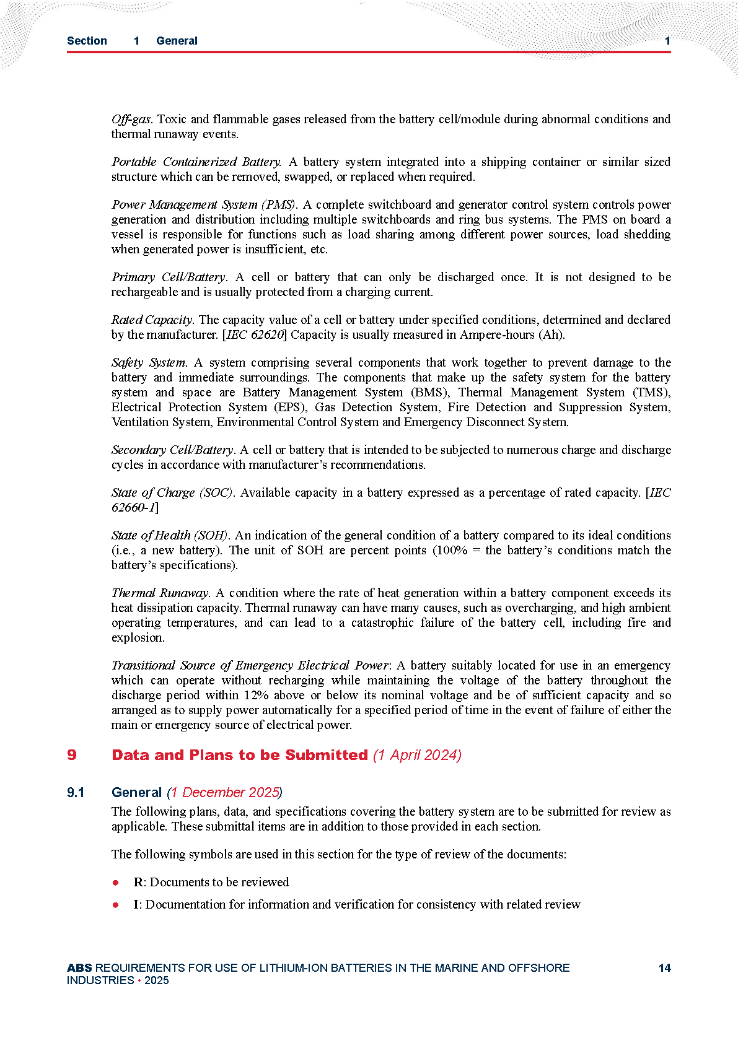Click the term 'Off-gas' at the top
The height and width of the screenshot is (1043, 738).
(x=131, y=119)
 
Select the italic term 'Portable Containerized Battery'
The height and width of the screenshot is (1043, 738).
(x=196, y=162)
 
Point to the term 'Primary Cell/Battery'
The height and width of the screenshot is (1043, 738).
(x=169, y=277)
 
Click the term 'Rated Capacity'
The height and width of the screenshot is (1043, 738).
(x=152, y=320)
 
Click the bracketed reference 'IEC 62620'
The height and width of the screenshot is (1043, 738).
(x=255, y=334)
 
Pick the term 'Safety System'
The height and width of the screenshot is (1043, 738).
(x=149, y=362)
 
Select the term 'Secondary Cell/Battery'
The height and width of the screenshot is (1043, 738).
(x=172, y=450)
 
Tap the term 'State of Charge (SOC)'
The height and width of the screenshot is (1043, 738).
(x=172, y=492)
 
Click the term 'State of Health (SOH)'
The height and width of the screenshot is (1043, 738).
(x=170, y=535)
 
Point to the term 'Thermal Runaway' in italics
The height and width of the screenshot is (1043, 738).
(x=160, y=593)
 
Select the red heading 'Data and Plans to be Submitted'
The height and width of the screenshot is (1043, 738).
(x=240, y=755)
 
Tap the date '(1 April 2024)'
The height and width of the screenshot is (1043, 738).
(x=417, y=755)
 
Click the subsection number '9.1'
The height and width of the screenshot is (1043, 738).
(x=76, y=793)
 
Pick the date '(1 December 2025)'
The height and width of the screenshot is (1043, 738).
(x=224, y=793)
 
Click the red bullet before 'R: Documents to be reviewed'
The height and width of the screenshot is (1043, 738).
(x=116, y=882)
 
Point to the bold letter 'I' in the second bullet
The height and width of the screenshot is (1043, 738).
(x=136, y=904)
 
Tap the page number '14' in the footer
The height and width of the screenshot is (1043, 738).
(x=664, y=968)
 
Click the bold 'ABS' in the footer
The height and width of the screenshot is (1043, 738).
(x=79, y=968)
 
